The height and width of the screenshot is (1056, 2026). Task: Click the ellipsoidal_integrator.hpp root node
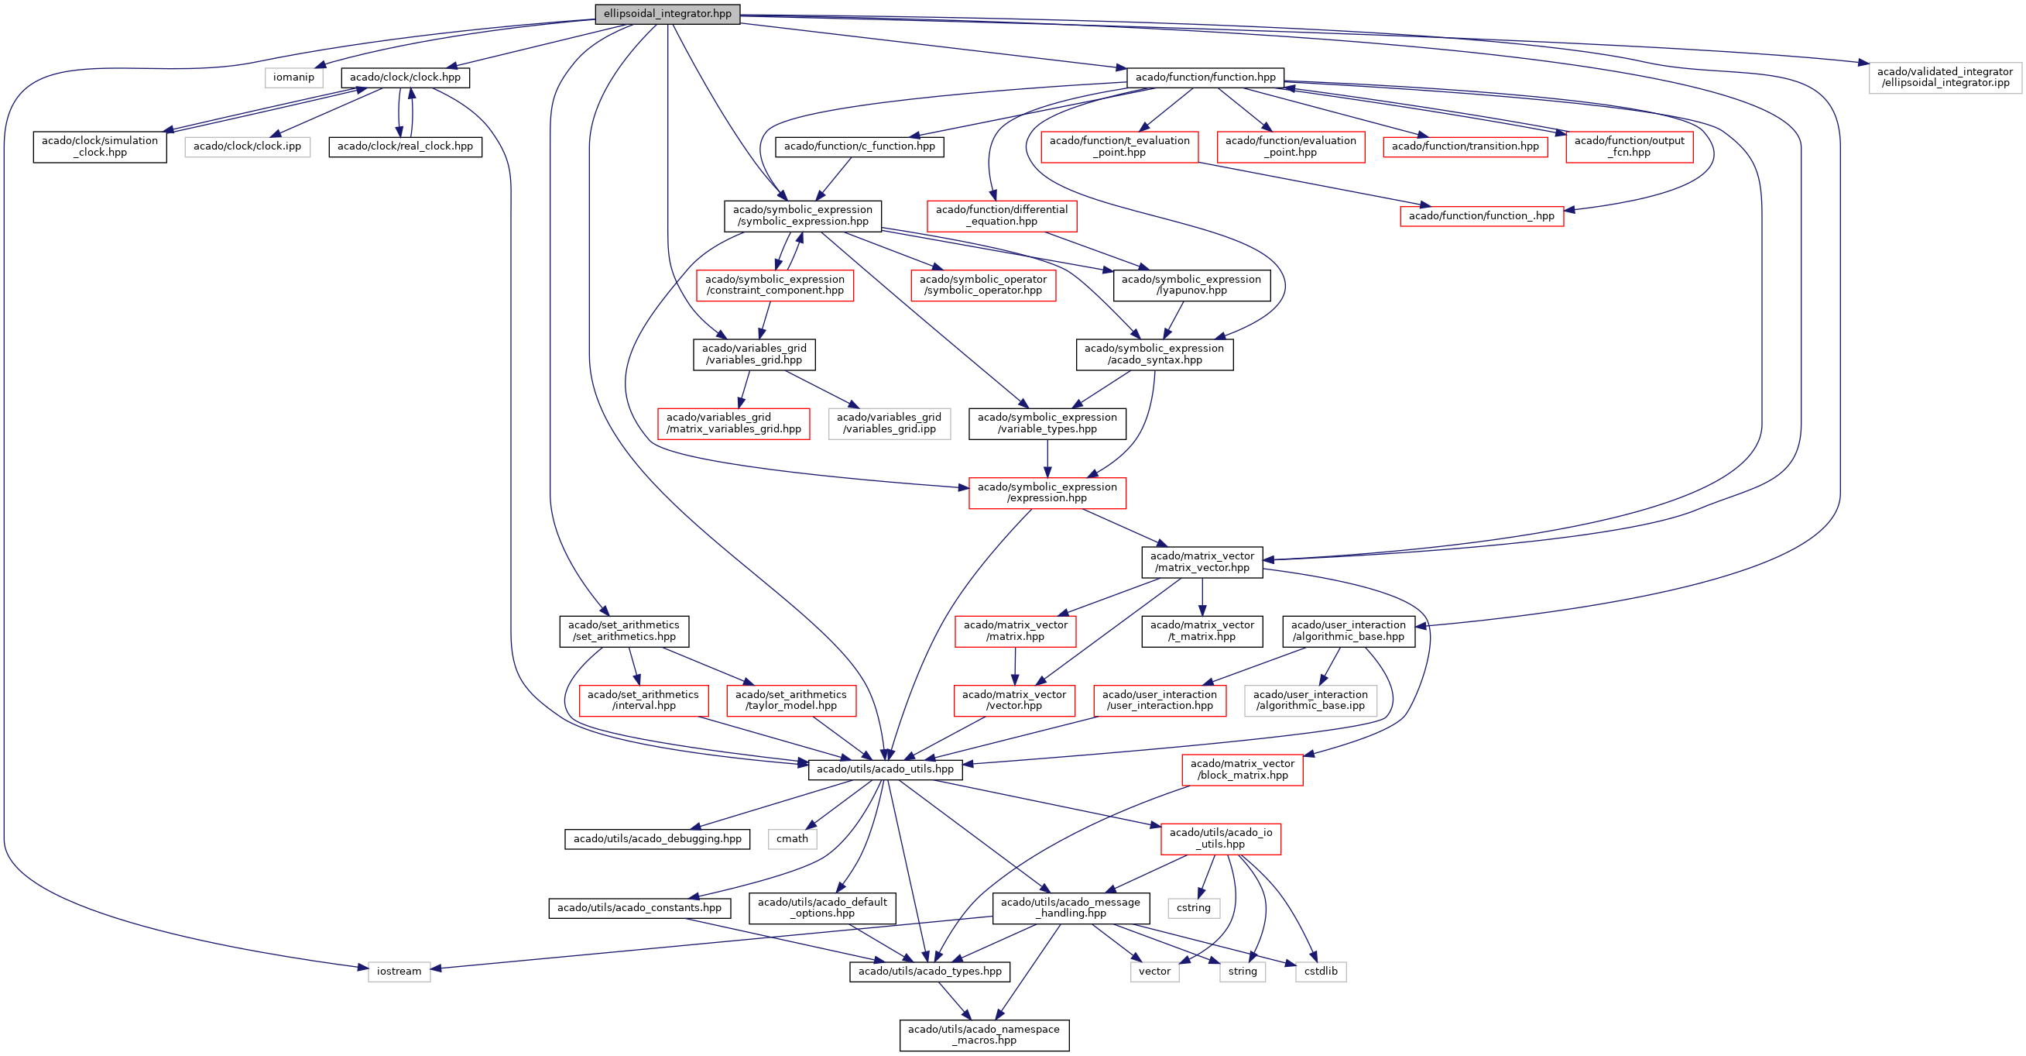667,14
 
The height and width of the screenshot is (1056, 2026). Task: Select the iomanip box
293,77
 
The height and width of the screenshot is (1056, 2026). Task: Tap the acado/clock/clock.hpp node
405,77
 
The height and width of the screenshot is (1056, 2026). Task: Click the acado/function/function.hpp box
1205,77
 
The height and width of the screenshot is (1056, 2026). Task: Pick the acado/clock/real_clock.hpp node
405,146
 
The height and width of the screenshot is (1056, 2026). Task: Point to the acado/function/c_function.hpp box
859,146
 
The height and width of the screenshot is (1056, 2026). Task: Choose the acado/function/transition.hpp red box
1465,146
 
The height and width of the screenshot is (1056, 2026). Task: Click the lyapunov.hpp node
1191,285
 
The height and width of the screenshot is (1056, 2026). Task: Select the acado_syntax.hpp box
1154,354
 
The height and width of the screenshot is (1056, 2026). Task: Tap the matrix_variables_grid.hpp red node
733,423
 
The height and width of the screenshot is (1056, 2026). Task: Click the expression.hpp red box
1047,493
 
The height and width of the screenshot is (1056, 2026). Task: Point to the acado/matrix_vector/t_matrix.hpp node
1202,631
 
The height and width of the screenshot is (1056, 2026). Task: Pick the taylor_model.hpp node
790,700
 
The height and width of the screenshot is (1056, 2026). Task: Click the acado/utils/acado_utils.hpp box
885,769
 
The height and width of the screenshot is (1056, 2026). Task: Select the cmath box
792,839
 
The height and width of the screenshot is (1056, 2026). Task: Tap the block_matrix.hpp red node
1242,769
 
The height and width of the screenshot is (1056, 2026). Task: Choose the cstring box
1193,908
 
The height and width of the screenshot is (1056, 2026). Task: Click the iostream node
399,972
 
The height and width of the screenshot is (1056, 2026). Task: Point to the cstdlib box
1321,972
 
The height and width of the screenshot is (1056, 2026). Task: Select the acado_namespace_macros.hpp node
984,1035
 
